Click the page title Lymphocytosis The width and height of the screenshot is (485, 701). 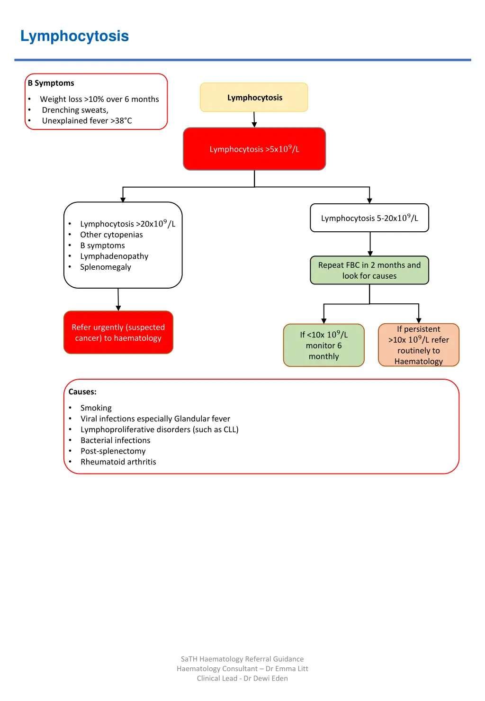(x=74, y=36)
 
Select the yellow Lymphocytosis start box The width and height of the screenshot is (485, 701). (x=254, y=98)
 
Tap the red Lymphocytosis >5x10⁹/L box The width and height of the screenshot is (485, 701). (x=254, y=149)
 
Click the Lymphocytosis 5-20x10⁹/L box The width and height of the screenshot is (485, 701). (x=369, y=218)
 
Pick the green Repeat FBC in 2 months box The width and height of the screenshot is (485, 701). (x=369, y=270)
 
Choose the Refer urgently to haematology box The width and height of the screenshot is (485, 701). (x=118, y=332)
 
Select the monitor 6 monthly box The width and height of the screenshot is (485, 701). (x=324, y=346)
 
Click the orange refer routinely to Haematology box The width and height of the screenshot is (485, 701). (x=419, y=345)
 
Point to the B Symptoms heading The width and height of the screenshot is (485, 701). (x=51, y=83)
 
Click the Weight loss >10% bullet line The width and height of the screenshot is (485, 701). (x=99, y=99)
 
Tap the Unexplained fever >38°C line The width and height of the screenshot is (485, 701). (x=87, y=121)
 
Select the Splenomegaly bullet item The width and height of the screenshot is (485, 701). (x=106, y=267)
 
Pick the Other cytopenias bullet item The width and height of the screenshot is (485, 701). (x=111, y=235)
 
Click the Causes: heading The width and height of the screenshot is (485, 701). (x=82, y=392)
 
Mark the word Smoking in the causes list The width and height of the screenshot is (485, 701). (x=96, y=408)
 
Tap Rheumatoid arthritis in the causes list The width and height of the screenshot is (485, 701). (x=118, y=462)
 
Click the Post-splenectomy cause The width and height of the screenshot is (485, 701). (x=113, y=451)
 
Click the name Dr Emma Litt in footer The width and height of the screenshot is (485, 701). (x=287, y=669)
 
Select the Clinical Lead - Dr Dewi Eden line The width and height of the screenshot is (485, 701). (x=242, y=678)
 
